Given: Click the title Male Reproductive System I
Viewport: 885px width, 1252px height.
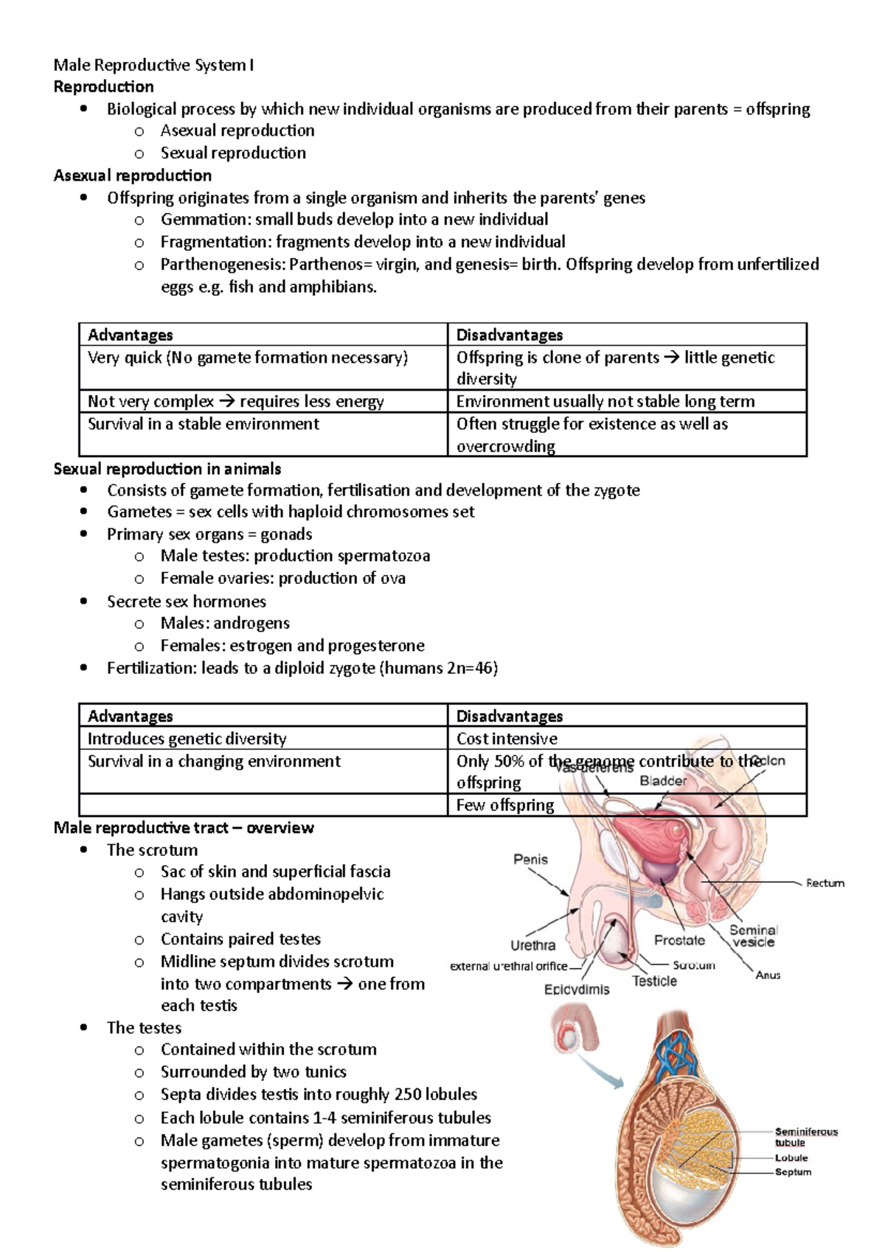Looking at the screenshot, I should (153, 65).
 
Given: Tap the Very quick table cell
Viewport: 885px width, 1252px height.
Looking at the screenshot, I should (248, 358).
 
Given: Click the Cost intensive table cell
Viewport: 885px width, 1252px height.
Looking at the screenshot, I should (507, 738).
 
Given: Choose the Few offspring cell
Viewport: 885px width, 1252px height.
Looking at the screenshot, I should (505, 804).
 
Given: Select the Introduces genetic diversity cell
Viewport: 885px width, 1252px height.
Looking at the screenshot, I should (187, 738).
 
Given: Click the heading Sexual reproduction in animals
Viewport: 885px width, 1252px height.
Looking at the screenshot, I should (167, 468).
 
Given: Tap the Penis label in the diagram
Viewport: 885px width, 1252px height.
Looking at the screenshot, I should (530, 859).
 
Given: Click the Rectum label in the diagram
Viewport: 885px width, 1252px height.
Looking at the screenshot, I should (825, 883).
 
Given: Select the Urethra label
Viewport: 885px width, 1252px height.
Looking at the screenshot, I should (532, 945).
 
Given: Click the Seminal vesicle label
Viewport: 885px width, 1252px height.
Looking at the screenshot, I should (754, 936).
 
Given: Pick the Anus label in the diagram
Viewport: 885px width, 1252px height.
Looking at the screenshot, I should (768, 975).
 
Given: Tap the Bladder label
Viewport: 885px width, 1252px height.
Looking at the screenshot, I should (663, 781).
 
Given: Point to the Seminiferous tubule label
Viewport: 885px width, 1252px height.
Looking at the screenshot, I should (805, 1136).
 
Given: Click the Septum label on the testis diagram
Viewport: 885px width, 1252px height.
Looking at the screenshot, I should (793, 1172).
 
